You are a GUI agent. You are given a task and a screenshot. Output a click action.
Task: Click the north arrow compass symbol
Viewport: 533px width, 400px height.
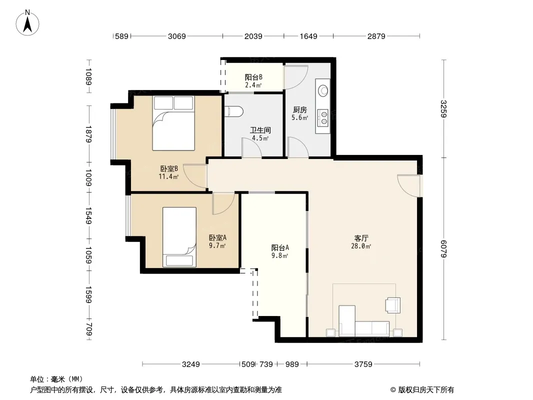click(x=27, y=22)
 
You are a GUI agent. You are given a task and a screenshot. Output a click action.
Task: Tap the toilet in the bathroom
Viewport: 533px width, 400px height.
click(x=234, y=111)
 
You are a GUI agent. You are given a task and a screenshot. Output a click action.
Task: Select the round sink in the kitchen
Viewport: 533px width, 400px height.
click(x=323, y=90)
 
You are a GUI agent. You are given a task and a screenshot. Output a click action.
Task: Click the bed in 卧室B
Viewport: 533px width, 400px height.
click(x=173, y=123)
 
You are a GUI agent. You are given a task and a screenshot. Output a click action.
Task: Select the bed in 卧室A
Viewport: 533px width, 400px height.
click(x=179, y=237)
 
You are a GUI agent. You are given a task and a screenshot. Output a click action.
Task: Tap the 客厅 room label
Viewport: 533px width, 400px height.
click(x=361, y=238)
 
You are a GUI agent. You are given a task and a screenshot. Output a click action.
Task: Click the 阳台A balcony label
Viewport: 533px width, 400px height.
click(x=280, y=247)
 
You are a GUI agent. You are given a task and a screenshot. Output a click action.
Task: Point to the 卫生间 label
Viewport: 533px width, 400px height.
click(x=260, y=130)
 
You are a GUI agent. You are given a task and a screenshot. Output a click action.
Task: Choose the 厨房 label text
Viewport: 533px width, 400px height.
click(x=300, y=110)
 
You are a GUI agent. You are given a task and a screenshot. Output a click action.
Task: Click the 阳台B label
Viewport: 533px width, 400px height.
click(x=253, y=77)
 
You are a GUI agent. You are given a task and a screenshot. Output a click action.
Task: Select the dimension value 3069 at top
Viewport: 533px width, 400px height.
click(x=177, y=36)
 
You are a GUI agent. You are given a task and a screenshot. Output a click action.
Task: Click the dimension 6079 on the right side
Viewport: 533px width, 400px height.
click(x=443, y=249)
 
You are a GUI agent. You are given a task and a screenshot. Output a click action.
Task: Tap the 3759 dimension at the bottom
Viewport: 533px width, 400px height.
click(x=363, y=364)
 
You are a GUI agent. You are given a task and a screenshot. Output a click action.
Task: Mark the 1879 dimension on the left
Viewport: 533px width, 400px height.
click(x=88, y=134)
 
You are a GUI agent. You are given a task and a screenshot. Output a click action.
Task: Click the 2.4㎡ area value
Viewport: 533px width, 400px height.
click(x=253, y=85)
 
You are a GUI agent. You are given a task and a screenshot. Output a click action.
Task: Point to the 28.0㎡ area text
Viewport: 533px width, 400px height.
click(x=361, y=246)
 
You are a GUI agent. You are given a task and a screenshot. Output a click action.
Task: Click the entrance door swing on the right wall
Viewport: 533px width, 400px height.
click(x=409, y=185)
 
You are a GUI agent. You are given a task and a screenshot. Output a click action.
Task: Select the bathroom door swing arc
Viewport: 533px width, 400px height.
click(x=251, y=147)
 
